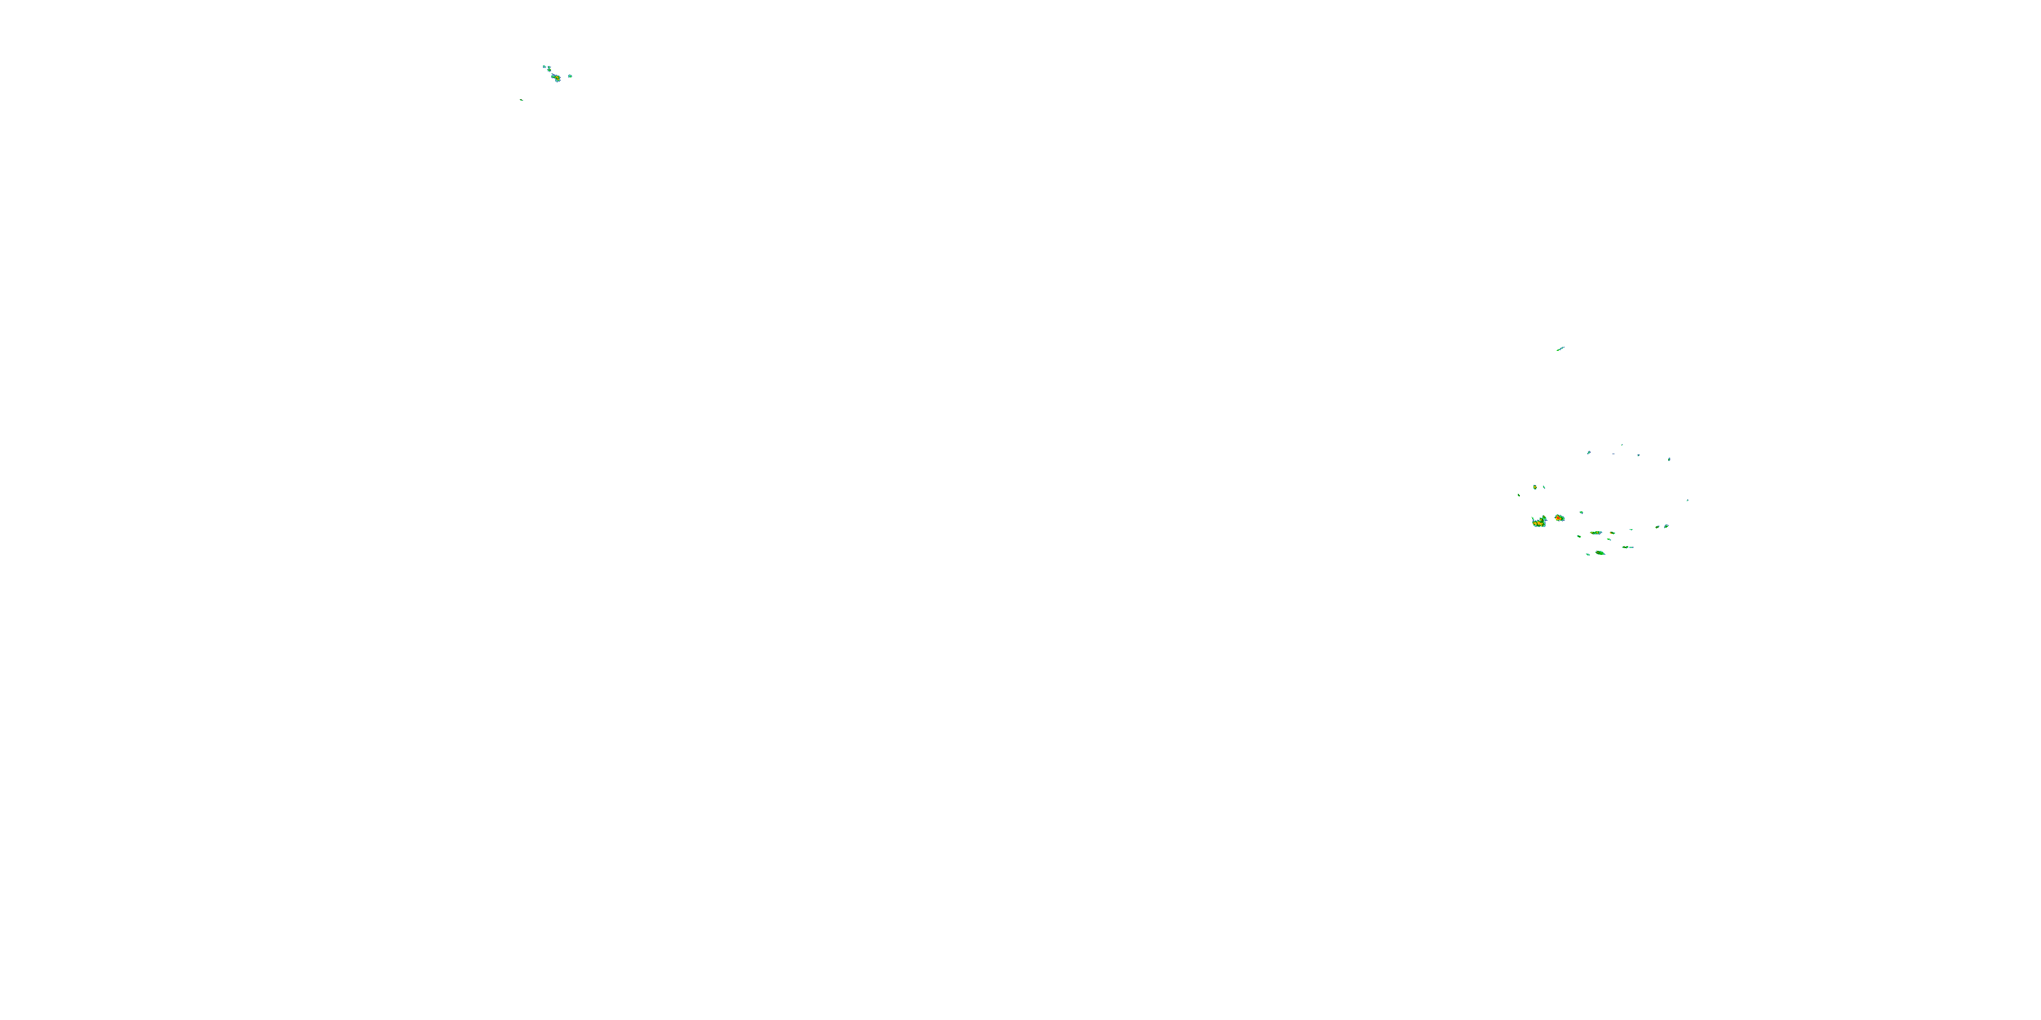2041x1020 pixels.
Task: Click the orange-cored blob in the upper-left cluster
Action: coord(557,78)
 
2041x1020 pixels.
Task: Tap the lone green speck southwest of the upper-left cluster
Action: coord(521,100)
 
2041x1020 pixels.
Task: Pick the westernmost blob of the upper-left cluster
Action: coord(544,67)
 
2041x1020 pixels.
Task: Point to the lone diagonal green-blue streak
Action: coord(1560,348)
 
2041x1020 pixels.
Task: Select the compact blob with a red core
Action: coord(1559,518)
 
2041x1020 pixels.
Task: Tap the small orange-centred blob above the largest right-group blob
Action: coord(1536,487)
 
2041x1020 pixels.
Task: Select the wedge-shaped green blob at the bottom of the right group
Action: coord(1599,553)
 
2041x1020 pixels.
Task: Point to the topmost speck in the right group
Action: coord(1622,445)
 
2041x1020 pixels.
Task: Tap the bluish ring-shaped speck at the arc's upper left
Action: coord(1589,452)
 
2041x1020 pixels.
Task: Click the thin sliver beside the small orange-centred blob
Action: coord(1544,487)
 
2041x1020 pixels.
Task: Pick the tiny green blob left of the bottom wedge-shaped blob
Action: coord(1588,554)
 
